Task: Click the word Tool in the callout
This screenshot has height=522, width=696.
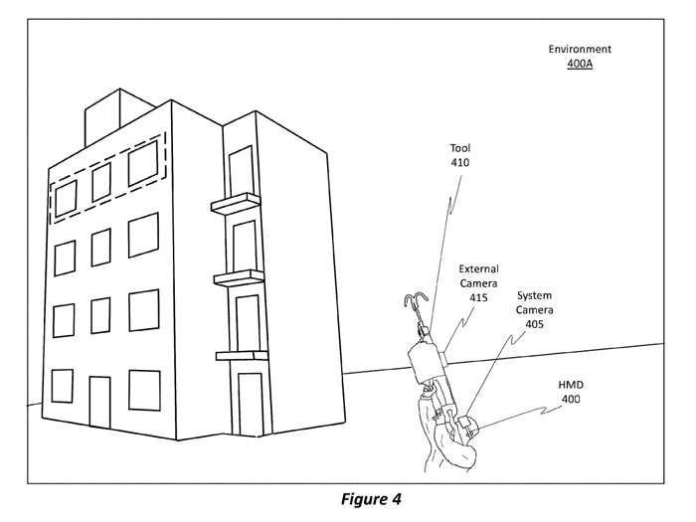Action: point(459,147)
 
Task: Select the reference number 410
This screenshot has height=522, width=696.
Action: point(459,162)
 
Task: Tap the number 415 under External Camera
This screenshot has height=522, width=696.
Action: point(479,297)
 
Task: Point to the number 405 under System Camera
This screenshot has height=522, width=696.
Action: point(534,324)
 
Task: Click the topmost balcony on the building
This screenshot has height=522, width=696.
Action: point(234,206)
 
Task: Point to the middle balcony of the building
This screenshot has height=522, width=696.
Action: point(239,278)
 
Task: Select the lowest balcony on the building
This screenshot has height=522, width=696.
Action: point(242,354)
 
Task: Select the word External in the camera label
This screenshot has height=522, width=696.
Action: point(479,268)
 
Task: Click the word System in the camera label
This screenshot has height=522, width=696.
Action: point(534,295)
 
